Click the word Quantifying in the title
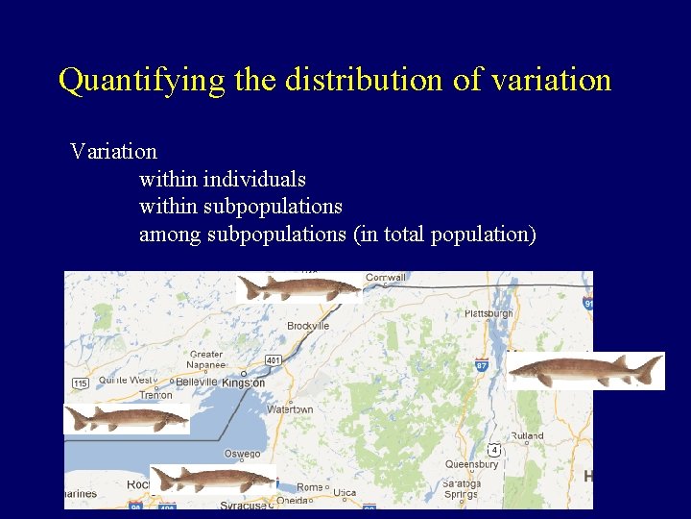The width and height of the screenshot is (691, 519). [x=142, y=80]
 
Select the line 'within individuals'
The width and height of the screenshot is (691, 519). [x=223, y=179]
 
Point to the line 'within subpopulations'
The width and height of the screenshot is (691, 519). [x=241, y=207]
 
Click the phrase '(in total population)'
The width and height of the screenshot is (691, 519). [x=445, y=234]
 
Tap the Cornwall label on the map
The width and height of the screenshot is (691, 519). [x=386, y=278]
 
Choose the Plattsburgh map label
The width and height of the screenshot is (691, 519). [x=488, y=313]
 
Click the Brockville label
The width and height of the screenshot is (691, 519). [x=308, y=326]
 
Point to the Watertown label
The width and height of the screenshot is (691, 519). [x=290, y=408]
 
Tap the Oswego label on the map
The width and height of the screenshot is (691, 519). [x=242, y=454]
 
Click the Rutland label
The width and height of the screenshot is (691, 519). [x=527, y=435]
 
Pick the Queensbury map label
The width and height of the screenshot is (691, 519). [x=472, y=463]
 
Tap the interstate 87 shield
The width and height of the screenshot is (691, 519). [x=481, y=364]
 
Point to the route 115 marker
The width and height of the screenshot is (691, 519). [x=80, y=383]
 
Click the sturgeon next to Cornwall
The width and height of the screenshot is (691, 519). [x=299, y=286]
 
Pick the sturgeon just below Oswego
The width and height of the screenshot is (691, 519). [x=213, y=478]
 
